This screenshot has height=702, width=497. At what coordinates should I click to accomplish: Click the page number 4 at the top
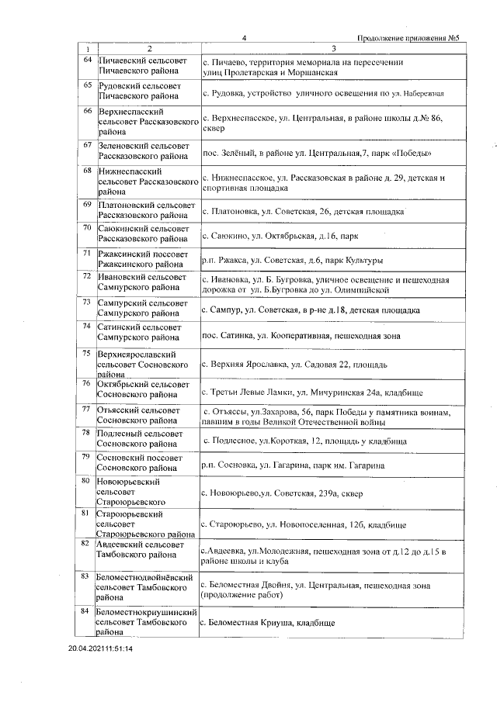pyautogui.click(x=244, y=38)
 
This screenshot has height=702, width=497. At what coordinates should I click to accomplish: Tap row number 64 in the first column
pyautogui.click(x=88, y=61)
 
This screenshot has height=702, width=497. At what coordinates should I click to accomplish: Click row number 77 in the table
pyautogui.click(x=88, y=408)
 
